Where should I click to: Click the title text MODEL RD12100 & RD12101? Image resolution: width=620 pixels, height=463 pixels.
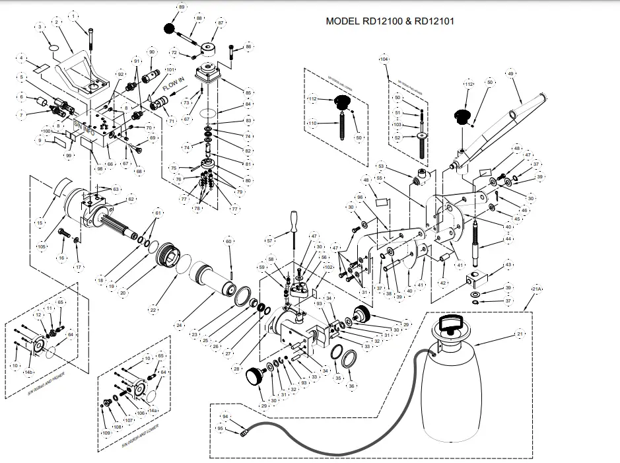coord(390,21)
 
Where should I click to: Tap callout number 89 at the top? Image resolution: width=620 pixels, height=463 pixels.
coord(182,7)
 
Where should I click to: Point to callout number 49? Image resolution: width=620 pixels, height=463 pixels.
coord(510,73)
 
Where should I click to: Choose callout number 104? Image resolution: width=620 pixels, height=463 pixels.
coord(384,59)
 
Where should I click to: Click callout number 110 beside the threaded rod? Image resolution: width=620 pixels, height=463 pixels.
coord(312,123)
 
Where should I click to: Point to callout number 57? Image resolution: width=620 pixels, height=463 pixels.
coord(269,240)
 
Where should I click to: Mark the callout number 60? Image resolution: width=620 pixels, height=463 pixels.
coord(229,242)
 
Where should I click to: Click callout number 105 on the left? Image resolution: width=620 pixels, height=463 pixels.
coord(41,246)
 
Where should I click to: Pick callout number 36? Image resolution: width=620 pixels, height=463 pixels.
coord(351,386)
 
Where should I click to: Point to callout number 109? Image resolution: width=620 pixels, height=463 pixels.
coord(106,433)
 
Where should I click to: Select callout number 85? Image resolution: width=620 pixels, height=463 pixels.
coord(248,92)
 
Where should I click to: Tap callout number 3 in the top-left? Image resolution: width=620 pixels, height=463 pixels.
coord(40,26)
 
